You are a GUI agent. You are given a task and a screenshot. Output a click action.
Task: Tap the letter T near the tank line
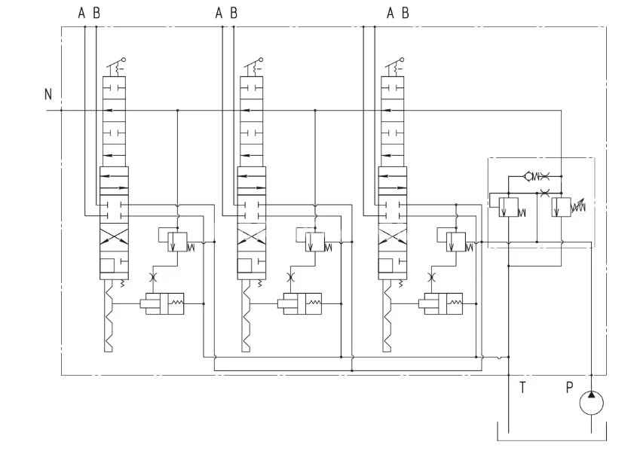tap(522, 388)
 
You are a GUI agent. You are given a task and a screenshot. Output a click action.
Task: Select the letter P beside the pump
tap(570, 388)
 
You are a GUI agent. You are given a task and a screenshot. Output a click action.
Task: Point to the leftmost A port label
tap(82, 13)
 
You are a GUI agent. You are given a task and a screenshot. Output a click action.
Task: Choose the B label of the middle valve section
tap(234, 13)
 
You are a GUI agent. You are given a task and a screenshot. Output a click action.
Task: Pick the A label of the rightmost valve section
tap(391, 13)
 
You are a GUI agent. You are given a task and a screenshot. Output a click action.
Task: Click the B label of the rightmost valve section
tap(406, 13)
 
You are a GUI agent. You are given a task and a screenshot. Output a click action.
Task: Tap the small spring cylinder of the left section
tap(165, 304)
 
